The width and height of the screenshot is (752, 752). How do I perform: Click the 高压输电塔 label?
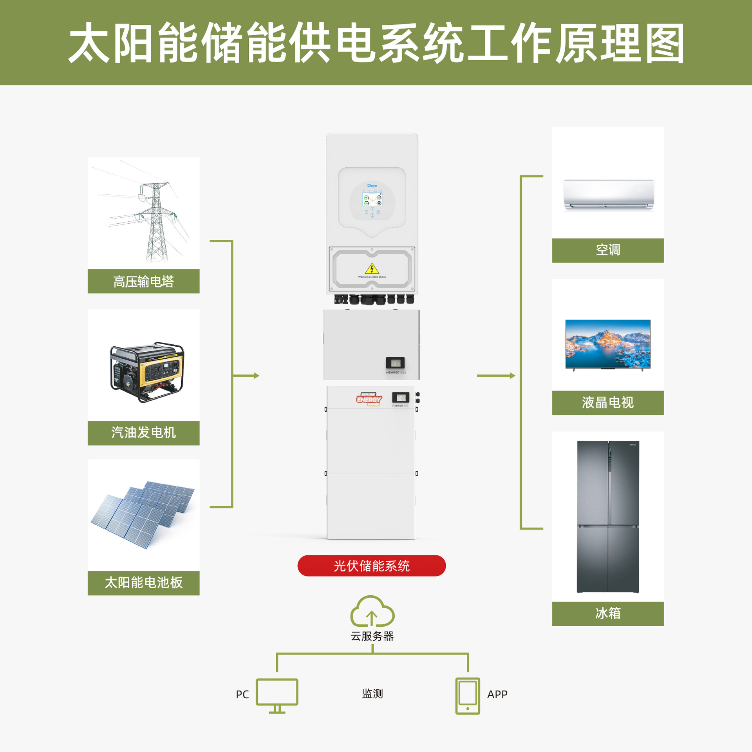coord(143,281)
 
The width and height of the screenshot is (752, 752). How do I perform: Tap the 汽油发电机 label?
coord(143,433)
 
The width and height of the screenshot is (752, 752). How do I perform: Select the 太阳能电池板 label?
coord(143,583)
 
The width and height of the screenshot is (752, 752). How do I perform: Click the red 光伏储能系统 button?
coord(371,566)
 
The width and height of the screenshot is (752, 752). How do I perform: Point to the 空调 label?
coord(607,250)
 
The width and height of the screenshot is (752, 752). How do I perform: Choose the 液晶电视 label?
coord(607,403)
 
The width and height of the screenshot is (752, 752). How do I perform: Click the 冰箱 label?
coord(607,613)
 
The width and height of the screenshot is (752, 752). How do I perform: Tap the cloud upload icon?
coord(372,611)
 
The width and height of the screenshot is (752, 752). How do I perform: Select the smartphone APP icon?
coord(467,696)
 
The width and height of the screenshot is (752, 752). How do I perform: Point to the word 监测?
coord(372,694)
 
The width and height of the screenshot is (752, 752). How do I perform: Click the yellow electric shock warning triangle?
coord(372,269)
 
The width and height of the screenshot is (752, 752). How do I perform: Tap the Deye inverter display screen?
coord(372,199)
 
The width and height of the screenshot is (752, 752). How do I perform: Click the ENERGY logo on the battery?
coord(369,399)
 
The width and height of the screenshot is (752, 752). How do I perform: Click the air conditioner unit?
coord(608,195)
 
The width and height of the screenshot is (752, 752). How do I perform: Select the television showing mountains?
coord(607,344)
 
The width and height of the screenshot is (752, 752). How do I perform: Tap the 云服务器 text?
coord(372,636)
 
